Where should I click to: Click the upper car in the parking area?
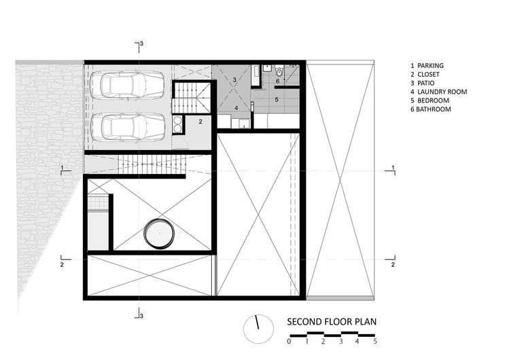(127, 85)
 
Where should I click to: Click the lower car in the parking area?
(127, 127)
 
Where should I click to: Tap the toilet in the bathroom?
(279, 71)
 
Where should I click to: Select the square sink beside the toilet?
(267, 68)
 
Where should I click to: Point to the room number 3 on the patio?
(234, 79)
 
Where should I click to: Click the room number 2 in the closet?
(200, 122)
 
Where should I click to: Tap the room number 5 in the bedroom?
(277, 100)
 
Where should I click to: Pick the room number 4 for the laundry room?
(236, 108)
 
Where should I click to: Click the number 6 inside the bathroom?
(277, 81)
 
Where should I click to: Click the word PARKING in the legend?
(430, 65)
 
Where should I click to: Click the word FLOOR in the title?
(338, 322)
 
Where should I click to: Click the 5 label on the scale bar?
(375, 341)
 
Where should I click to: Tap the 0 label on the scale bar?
(289, 341)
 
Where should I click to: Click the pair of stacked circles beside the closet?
(177, 124)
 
